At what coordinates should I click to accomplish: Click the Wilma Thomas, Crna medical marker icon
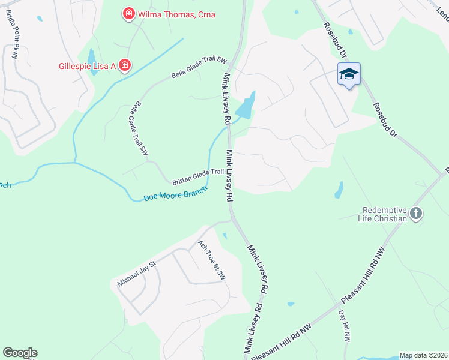[x=128, y=14]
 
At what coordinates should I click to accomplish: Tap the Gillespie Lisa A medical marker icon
[x=124, y=65]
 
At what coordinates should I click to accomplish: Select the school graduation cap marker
[x=349, y=74]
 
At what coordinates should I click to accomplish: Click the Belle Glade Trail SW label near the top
[x=199, y=68]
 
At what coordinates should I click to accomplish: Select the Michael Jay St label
[x=136, y=273]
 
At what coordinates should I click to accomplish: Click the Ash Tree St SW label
[x=211, y=260]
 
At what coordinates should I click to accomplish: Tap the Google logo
[x=20, y=353]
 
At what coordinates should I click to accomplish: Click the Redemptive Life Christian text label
[x=385, y=214]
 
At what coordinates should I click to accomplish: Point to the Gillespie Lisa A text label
[x=87, y=65]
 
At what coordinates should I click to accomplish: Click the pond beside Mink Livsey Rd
[x=246, y=106]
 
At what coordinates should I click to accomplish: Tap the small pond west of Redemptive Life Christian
[x=339, y=190]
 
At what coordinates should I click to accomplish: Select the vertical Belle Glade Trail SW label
[x=138, y=129]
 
